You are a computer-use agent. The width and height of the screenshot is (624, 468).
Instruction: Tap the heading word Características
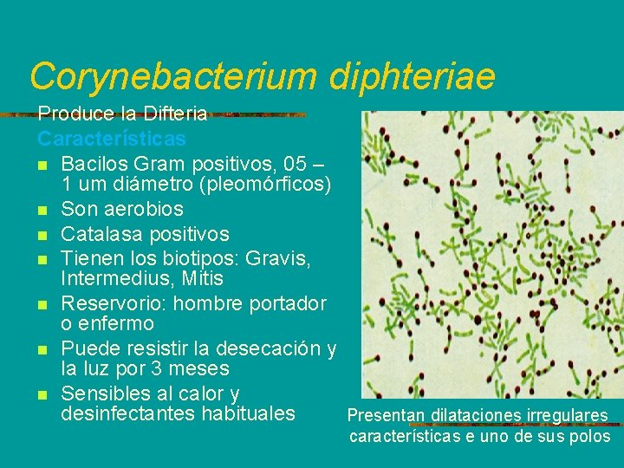coord(111,138)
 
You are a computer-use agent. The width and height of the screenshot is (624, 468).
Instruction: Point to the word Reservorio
coord(118,303)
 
